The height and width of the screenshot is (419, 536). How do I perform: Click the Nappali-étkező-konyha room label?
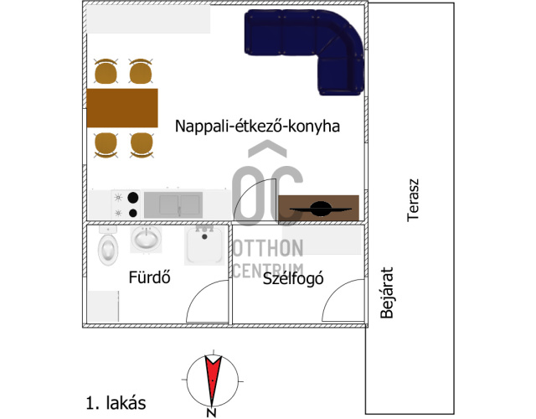tap(257, 126)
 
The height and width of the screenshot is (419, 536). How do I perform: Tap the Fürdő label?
tap(149, 277)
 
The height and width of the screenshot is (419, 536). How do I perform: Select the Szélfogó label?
tap(293, 279)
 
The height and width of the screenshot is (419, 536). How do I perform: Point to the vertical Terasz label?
tap(413, 200)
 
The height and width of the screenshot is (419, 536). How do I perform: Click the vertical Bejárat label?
tap(387, 292)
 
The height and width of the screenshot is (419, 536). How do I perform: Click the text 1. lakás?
tap(116, 403)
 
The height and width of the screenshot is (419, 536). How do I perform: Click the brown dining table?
tap(122, 108)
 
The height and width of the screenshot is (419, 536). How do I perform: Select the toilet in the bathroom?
tap(108, 246)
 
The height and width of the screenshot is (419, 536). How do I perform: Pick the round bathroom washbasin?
tap(147, 238)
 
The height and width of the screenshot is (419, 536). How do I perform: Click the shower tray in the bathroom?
tap(204, 246)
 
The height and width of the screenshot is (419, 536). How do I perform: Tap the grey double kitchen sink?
tap(173, 204)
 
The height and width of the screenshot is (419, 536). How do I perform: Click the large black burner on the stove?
tap(133, 198)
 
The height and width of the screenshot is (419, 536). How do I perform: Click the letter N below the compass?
tap(212, 413)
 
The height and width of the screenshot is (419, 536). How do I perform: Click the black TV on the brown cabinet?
tap(321, 209)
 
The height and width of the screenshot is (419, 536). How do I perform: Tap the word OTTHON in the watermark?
tap(268, 249)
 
